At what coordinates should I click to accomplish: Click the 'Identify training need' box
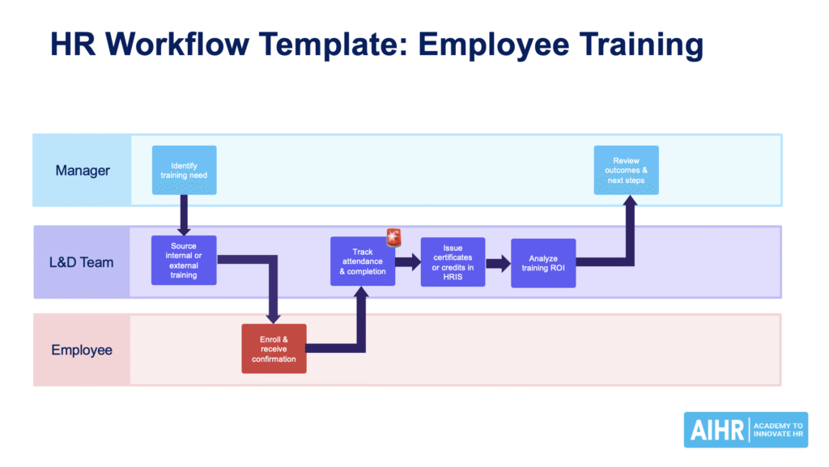click(x=184, y=170)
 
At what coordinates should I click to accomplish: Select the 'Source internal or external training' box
click(x=184, y=260)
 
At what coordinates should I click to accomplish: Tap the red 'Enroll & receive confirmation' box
click(x=274, y=349)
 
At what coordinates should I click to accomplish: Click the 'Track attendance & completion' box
click(x=363, y=261)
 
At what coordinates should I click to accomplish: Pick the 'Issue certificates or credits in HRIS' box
click(x=453, y=261)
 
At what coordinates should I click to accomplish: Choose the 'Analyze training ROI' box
click(x=543, y=263)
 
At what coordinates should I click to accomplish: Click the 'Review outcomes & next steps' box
click(x=626, y=170)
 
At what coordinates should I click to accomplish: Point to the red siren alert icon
click(x=394, y=237)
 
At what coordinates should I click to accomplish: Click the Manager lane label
click(x=83, y=171)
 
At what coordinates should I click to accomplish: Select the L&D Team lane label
click(x=83, y=262)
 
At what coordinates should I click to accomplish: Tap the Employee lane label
click(x=82, y=350)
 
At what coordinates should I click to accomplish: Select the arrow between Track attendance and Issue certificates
click(x=409, y=261)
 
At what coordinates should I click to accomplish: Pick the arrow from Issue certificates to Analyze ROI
click(x=499, y=262)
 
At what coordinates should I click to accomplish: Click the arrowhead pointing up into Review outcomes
click(x=630, y=202)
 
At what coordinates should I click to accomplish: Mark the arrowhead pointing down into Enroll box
click(x=274, y=316)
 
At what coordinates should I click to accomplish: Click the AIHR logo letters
click(x=717, y=430)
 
